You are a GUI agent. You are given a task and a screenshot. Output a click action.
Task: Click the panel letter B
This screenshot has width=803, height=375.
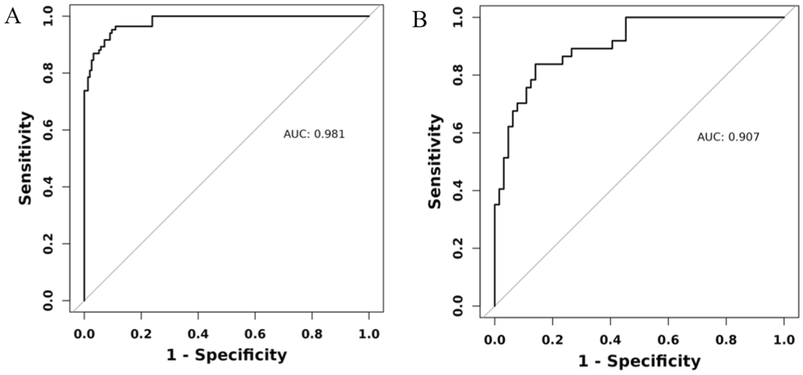(x=419, y=20)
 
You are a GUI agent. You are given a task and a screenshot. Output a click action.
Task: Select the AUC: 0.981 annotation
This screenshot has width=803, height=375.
(x=314, y=134)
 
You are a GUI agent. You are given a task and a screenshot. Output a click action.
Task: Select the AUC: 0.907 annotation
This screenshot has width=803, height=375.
(x=728, y=137)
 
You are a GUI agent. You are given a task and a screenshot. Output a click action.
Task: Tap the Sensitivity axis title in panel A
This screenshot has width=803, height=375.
(x=26, y=158)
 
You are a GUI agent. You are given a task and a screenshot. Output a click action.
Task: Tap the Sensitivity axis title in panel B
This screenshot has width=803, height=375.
(x=435, y=161)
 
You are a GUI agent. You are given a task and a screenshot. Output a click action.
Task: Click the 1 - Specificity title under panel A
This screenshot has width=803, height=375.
(x=227, y=355)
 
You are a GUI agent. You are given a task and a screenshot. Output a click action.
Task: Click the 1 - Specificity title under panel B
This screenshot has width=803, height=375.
(x=639, y=361)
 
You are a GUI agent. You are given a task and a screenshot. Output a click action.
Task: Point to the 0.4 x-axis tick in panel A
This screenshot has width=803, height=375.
(x=198, y=334)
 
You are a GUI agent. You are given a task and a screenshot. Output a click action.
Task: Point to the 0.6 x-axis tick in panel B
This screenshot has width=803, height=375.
(x=668, y=340)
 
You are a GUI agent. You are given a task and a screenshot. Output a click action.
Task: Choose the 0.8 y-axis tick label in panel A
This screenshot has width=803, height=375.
(x=48, y=73)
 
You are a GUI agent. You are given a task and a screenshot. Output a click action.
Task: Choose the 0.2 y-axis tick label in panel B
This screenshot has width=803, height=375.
(x=458, y=248)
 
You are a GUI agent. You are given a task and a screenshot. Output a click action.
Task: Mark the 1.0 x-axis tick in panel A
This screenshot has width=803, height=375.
(x=369, y=334)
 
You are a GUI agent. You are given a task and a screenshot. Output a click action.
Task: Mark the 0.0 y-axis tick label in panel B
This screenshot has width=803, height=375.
(x=458, y=306)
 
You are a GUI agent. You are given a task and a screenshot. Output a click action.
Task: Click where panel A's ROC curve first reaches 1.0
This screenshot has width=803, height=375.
(x=152, y=16)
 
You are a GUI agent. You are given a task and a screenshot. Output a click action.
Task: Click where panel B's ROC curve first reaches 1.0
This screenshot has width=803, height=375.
(x=626, y=17)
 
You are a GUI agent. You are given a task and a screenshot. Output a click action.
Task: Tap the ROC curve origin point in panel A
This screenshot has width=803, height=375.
(x=84, y=301)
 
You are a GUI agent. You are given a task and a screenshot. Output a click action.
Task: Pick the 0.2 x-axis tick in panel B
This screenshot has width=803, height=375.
(x=552, y=340)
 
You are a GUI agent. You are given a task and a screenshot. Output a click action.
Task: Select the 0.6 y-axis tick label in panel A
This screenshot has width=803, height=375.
(x=48, y=130)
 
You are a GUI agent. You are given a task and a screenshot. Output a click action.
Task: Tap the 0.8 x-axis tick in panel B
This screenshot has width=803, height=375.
(x=726, y=340)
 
